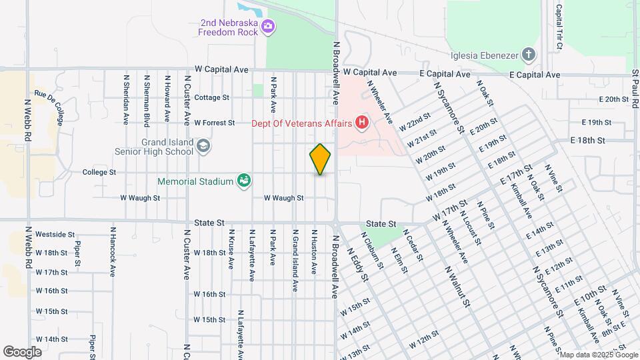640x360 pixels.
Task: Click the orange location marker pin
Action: point(320,159)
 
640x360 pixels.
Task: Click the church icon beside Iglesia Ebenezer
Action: point(528,54)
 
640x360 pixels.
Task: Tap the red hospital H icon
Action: point(362,122)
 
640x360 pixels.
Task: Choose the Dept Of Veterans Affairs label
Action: point(302,123)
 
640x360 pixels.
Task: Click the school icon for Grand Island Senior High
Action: point(203,145)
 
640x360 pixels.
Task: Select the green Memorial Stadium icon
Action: point(244,181)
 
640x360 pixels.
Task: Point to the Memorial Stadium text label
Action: point(195,181)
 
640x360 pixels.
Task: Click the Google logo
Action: point(22,351)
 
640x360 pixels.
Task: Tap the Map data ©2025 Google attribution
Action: point(598,355)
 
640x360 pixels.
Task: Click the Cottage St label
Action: point(207,97)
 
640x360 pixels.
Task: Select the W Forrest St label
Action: point(214,123)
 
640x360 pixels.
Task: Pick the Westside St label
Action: point(55,235)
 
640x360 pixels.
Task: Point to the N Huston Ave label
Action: point(313,252)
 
